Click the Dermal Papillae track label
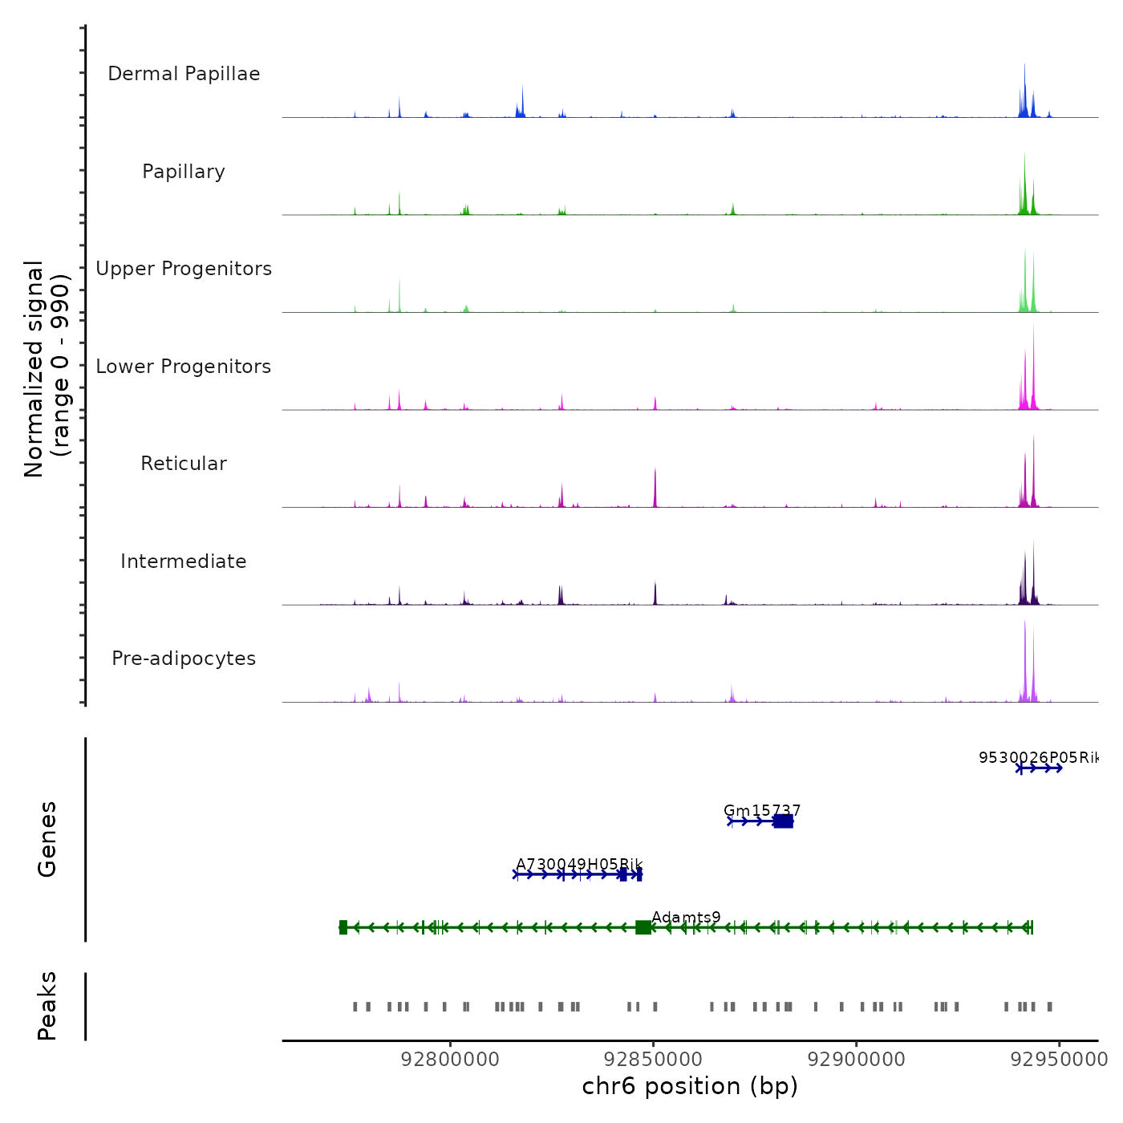(184, 74)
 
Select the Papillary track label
(184, 172)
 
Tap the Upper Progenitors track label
(184, 269)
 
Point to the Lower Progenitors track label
(184, 367)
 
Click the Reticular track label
(184, 464)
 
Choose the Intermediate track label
(184, 561)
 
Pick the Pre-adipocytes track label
(184, 659)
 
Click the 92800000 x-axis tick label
(450, 1060)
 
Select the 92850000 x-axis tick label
(654, 1060)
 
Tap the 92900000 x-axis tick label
(857, 1060)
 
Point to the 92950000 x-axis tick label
(1059, 1060)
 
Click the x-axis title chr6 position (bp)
(690, 1087)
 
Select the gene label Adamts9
(686, 917)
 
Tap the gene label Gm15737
(762, 810)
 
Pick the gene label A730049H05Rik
(579, 864)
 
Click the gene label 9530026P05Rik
(1038, 757)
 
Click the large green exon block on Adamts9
(643, 928)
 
